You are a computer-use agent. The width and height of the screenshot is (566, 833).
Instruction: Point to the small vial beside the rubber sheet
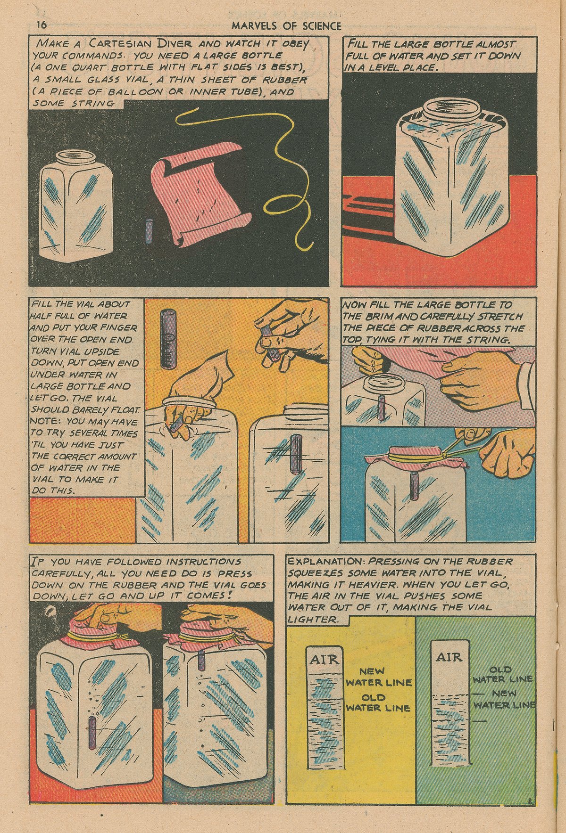[150, 230]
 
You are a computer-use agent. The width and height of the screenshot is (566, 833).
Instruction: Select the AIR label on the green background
[449, 657]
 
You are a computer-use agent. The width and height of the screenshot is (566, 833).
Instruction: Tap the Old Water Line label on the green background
[502, 674]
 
